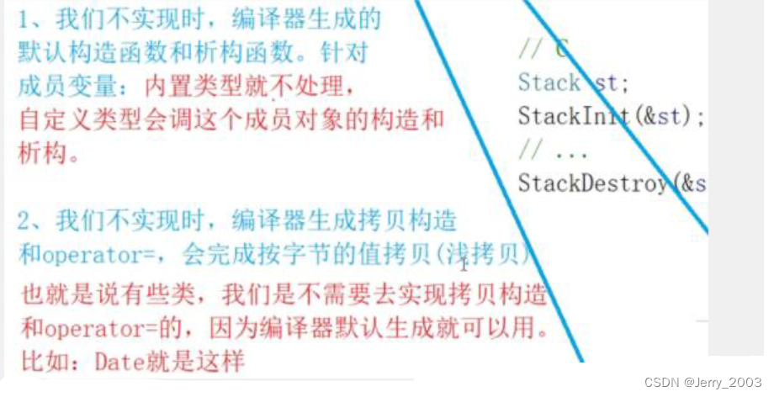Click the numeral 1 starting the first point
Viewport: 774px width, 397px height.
(25, 18)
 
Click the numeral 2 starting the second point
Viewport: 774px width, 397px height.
(26, 221)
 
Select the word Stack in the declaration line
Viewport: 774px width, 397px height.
(549, 82)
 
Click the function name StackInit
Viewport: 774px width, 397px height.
(572, 115)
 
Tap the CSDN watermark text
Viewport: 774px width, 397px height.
(662, 383)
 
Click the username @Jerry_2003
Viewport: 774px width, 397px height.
(724, 383)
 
